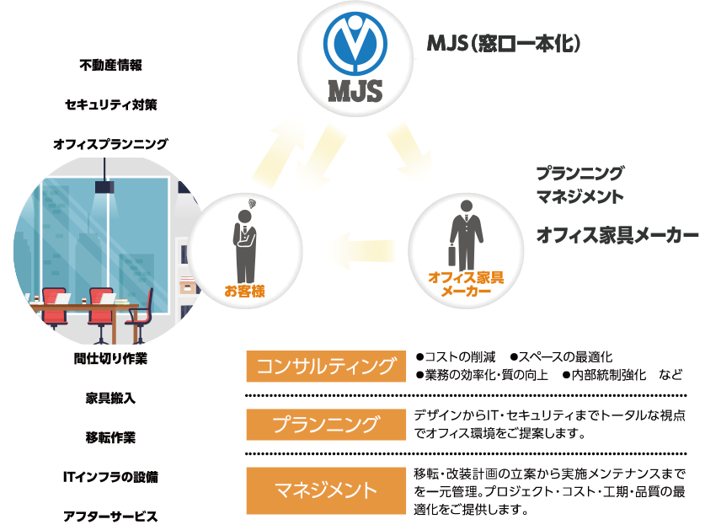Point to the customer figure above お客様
244,228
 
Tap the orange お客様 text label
244,292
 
